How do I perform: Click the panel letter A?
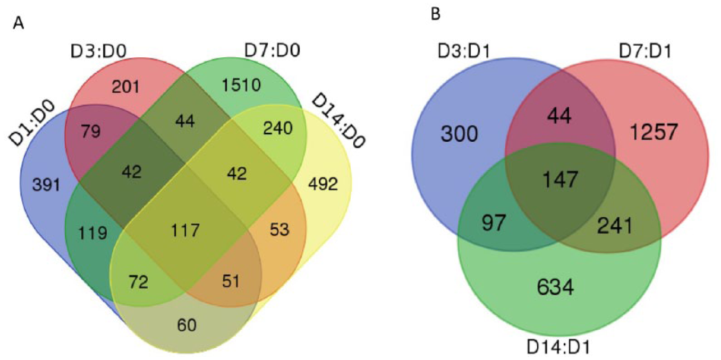20,23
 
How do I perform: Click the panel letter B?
435,15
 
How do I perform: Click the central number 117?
185,230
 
